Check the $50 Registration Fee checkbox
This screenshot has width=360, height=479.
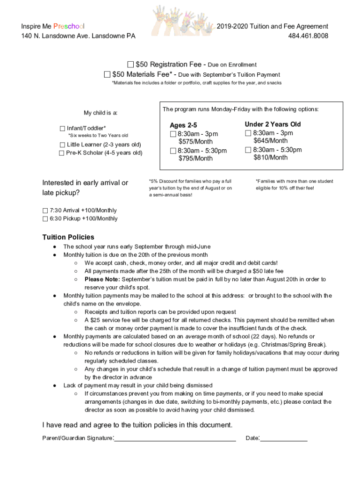(x=130, y=64)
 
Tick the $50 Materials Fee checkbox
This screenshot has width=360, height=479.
(x=107, y=74)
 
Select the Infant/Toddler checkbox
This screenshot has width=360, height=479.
(x=62, y=128)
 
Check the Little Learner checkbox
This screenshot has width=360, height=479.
(x=62, y=145)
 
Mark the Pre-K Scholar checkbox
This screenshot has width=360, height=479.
(x=62, y=153)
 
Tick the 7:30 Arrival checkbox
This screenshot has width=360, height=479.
(x=45, y=210)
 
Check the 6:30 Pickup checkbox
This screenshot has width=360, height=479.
(x=45, y=218)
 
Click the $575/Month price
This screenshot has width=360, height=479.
(x=195, y=142)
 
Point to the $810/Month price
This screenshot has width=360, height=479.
(x=270, y=158)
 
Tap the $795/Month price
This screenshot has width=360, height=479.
(x=195, y=159)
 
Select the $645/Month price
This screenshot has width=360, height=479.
(x=270, y=141)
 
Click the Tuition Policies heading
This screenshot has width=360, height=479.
(x=68, y=237)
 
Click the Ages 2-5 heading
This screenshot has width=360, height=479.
(x=183, y=125)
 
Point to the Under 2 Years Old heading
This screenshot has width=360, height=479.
(x=273, y=124)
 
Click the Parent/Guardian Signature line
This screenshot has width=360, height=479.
(x=175, y=439)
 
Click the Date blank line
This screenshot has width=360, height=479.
(x=284, y=439)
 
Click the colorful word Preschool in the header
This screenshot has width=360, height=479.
(x=69, y=27)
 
